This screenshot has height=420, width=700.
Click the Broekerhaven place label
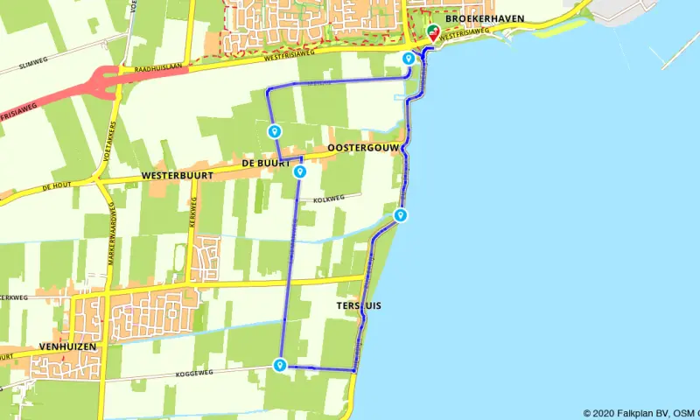[x=478, y=17]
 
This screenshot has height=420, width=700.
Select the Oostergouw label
[x=362, y=149]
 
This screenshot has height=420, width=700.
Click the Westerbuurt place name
[x=178, y=176]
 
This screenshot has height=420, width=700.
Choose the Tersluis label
[x=359, y=305]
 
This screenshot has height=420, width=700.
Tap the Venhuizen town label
[x=66, y=346]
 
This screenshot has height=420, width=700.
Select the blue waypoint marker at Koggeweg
[x=280, y=365]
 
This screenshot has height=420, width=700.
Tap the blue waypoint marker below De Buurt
[x=300, y=171]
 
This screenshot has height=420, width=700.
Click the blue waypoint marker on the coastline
[x=401, y=215]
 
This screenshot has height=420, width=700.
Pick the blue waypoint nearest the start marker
[x=409, y=58]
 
